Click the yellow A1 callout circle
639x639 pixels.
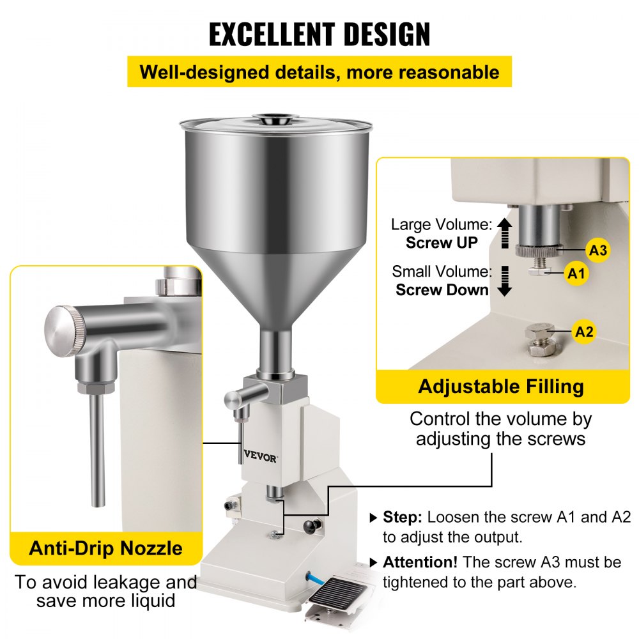[576, 274]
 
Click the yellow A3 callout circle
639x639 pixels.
[597, 250]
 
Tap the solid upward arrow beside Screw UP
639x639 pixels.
[505, 233]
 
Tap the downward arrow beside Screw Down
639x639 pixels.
[505, 281]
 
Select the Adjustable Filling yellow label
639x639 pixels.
[501, 387]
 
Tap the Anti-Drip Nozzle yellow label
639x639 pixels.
[106, 548]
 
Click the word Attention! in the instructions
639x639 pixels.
[420, 563]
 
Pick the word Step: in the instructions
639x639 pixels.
[403, 517]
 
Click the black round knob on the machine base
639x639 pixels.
[312, 527]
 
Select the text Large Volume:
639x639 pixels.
[442, 224]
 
